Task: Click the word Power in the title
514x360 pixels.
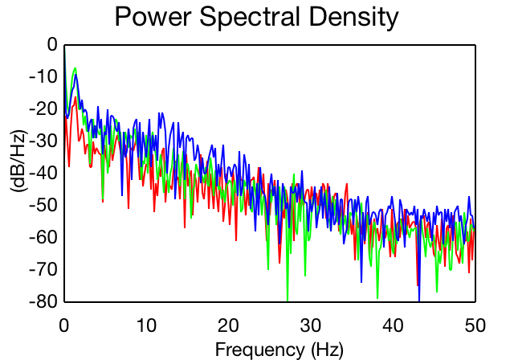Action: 153,17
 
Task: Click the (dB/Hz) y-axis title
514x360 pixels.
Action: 19,161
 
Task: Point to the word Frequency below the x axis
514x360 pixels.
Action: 260,350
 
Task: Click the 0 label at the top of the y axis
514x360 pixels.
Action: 52,44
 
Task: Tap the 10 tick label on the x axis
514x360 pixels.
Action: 146,325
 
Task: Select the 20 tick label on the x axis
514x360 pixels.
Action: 228,325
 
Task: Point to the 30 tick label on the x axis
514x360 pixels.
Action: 311,325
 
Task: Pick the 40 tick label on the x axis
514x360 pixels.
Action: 393,325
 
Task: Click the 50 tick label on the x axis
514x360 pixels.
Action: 475,325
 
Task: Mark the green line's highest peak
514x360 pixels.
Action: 75,68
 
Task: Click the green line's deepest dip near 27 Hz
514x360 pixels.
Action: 288,300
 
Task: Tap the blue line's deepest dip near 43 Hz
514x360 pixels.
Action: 419,300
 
